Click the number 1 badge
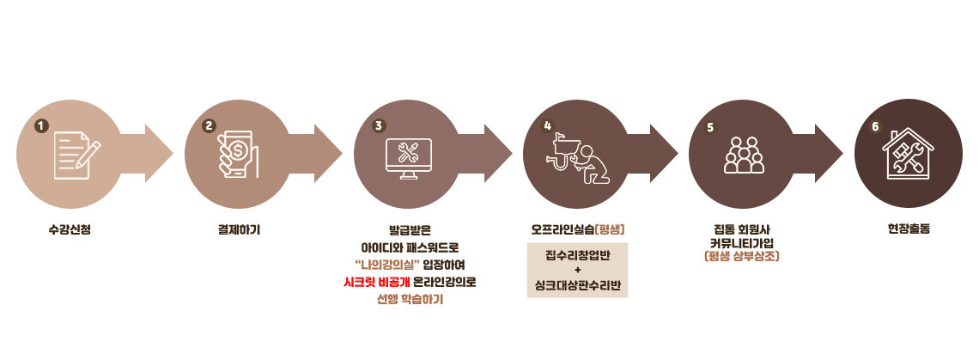tap(41, 126)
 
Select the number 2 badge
tap(209, 126)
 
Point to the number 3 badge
tap(379, 126)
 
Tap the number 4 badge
tap(547, 126)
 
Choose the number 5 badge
tap(710, 127)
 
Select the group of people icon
tap(744, 155)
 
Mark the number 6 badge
tap(875, 126)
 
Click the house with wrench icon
tap(909, 154)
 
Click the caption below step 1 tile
tap(70, 229)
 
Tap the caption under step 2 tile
tap(239, 229)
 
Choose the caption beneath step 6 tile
tap(908, 229)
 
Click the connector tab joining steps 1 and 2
tap(159, 154)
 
